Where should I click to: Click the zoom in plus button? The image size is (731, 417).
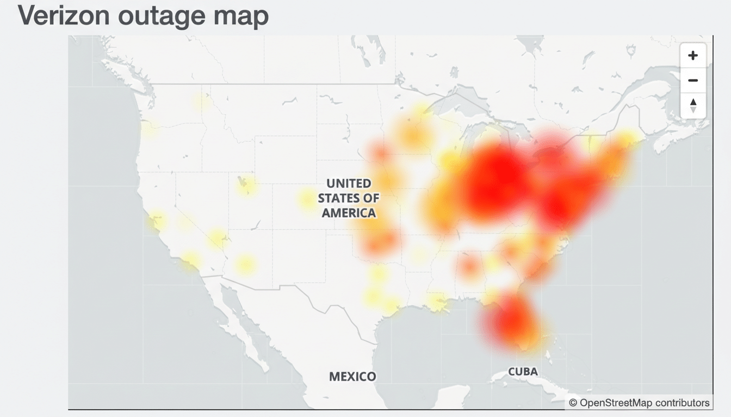tap(693, 55)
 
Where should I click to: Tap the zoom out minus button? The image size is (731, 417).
tap(693, 80)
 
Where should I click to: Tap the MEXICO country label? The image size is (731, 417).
tap(352, 376)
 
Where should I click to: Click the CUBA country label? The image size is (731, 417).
tap(523, 372)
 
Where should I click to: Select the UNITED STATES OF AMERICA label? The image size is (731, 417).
tap(349, 198)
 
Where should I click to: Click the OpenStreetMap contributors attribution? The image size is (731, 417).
tap(639, 403)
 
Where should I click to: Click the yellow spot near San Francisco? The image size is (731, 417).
tap(158, 220)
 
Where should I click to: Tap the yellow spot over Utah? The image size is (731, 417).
tap(246, 185)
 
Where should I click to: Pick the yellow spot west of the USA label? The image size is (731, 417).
tap(307, 199)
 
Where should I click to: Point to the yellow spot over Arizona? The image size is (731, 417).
tap(245, 265)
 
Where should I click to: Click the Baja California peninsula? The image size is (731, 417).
tap(239, 320)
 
